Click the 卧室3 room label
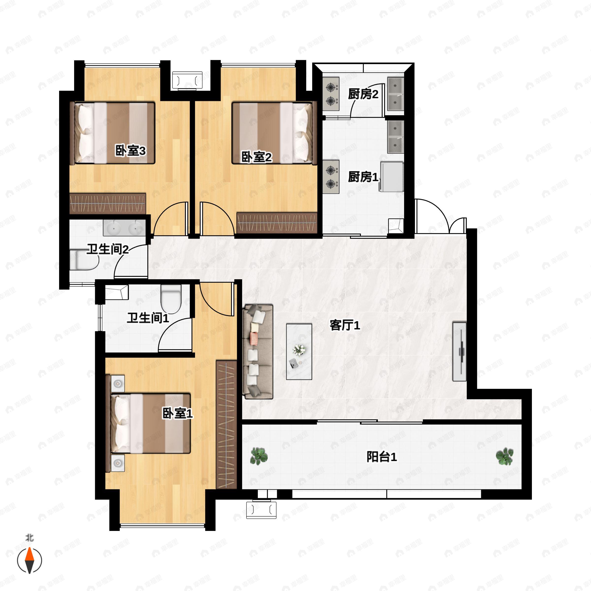tap(130, 150)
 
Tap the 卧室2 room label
tap(256, 157)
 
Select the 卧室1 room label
tap(177, 414)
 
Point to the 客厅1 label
tap(345, 325)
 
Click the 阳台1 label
tap(382, 457)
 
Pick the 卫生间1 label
tap(148, 318)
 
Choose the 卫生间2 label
tap(108, 249)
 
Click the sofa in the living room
tap(258, 351)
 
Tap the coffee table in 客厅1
tap(299, 351)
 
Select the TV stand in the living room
tap(460, 351)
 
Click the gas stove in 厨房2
tap(331, 94)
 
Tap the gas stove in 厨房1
tap(331, 177)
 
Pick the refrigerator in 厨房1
tap(392, 177)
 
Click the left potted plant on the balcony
tap(259, 456)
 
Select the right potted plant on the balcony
tap(504, 456)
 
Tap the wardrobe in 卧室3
tap(108, 203)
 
